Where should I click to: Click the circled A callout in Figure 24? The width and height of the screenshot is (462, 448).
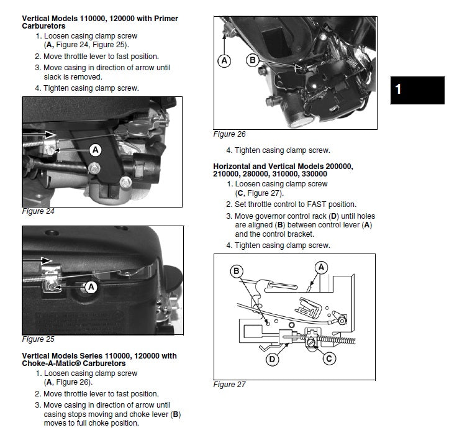tap(95, 149)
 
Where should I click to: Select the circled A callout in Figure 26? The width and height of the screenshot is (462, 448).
tap(224, 60)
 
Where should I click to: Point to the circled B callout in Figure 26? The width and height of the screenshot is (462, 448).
tap(253, 60)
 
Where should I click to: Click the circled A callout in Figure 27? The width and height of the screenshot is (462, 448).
tap(321, 267)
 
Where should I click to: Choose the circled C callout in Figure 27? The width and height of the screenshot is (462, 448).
tap(330, 358)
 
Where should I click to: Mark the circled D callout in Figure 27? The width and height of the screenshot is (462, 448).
tap(272, 359)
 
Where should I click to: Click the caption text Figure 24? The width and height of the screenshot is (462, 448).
tap(38, 211)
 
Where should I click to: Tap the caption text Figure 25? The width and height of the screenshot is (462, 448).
tap(38, 339)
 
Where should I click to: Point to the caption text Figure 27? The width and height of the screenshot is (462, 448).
tap(229, 385)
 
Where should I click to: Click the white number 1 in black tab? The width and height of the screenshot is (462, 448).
tap(399, 89)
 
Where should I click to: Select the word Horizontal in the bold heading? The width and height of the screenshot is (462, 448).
tap(234, 166)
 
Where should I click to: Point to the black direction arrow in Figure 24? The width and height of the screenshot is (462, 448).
tap(38, 133)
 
